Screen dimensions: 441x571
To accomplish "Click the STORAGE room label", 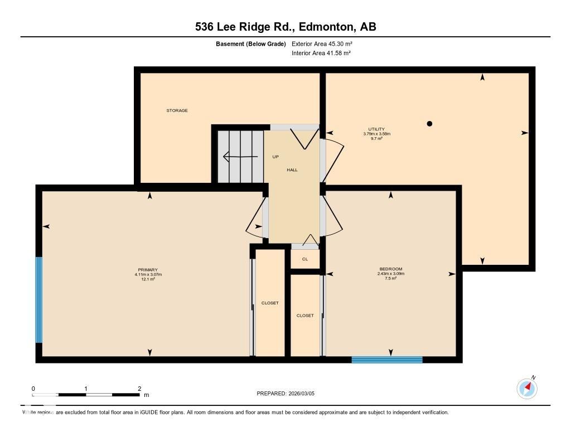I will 177,110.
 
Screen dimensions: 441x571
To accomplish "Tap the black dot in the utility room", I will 429,124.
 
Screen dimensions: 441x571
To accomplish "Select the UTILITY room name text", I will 377,129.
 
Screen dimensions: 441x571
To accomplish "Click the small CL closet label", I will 305,259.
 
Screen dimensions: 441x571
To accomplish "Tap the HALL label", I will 292,170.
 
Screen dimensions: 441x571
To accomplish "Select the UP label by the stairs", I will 275,157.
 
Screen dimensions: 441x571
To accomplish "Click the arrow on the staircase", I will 240,157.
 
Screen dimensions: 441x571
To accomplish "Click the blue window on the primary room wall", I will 38,299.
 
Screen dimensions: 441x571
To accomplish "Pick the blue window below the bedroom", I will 387,360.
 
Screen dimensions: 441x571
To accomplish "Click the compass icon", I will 527,388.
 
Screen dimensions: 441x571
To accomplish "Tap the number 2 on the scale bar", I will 139,389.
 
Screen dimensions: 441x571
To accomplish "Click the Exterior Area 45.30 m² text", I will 322,43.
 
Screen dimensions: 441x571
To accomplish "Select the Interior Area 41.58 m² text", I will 321,53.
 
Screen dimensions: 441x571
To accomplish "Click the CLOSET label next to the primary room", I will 270,303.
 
